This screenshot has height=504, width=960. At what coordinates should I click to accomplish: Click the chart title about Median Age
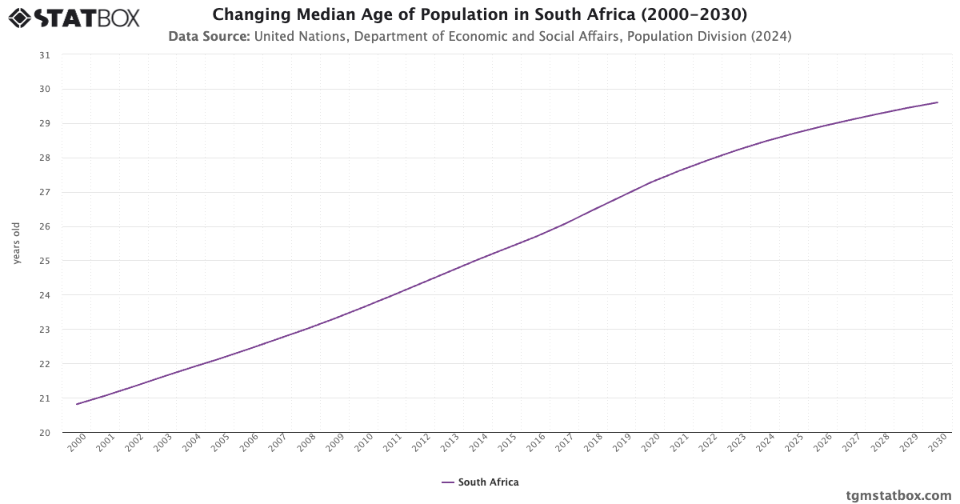[x=480, y=14]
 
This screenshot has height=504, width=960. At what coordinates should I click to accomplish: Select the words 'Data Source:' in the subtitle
[x=209, y=36]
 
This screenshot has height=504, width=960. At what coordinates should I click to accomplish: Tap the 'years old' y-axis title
[x=16, y=243]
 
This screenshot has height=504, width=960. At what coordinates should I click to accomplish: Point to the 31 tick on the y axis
[x=44, y=55]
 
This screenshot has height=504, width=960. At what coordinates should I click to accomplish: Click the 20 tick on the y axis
[x=44, y=433]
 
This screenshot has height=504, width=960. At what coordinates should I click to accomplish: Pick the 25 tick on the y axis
[x=44, y=261]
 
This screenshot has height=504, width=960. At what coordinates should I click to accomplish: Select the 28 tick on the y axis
[x=44, y=158]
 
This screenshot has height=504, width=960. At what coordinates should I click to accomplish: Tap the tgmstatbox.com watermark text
[x=898, y=495]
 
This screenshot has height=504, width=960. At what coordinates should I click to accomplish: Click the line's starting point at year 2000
[x=77, y=404]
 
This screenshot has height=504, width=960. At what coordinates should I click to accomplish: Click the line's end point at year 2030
[x=938, y=102]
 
